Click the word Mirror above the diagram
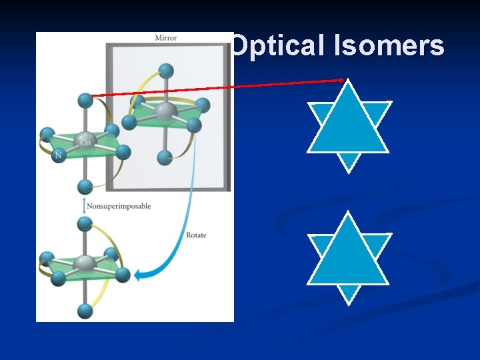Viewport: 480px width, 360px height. (x=166, y=38)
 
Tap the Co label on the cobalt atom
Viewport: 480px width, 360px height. (x=85, y=142)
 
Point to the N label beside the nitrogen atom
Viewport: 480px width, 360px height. (x=58, y=156)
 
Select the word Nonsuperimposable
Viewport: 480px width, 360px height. (x=119, y=206)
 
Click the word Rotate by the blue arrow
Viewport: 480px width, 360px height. (x=195, y=236)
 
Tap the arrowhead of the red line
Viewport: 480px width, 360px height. (x=341, y=80)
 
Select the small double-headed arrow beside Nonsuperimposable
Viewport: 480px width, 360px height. (x=83, y=206)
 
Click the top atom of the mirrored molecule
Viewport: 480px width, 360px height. (x=167, y=70)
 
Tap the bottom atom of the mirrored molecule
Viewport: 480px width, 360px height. (x=165, y=158)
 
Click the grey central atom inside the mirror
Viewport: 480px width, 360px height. (x=165, y=111)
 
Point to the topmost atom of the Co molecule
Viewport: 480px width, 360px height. (x=85, y=100)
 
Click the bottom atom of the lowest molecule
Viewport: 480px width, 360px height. (x=85, y=311)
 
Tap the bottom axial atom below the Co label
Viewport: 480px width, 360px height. (x=85, y=186)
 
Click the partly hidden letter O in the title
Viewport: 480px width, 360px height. (x=237, y=46)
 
